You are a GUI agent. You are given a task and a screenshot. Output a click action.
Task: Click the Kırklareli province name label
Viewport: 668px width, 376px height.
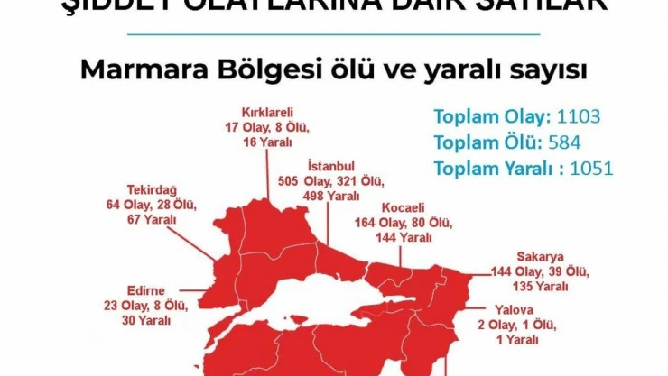click(268, 114)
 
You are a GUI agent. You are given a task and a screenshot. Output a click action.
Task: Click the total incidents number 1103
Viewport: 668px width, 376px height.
click(579, 116)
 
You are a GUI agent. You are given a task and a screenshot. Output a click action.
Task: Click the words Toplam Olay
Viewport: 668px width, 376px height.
click(491, 116)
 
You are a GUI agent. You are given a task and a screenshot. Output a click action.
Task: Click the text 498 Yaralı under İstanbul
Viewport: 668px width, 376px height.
click(330, 196)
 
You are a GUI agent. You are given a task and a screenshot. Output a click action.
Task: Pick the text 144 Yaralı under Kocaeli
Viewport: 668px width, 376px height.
click(404, 237)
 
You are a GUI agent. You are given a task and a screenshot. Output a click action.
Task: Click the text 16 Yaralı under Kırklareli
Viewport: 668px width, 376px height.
click(268, 142)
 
